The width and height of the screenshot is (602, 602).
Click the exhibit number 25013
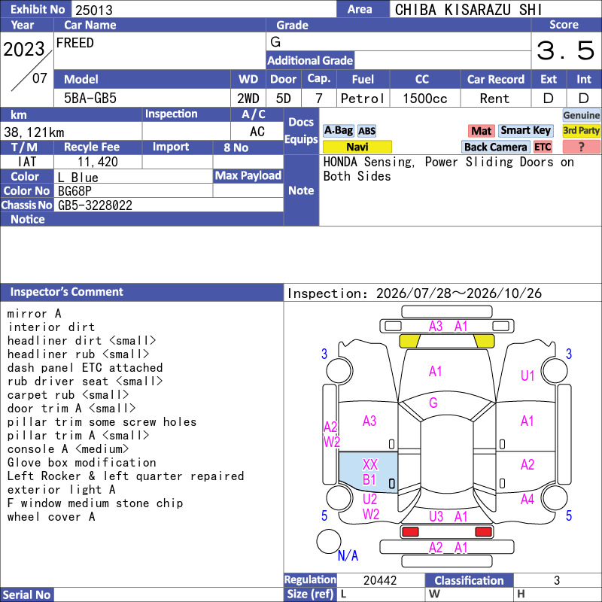pyautogui.click(x=93, y=10)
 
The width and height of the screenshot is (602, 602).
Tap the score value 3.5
pyautogui.click(x=565, y=50)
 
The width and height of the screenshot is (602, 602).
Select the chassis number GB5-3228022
pyautogui.click(x=95, y=205)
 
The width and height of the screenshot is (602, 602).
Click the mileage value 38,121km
pyautogui.click(x=34, y=132)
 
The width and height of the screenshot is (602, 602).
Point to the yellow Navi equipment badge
pyautogui.click(x=357, y=147)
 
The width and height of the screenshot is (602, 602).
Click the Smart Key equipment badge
pyautogui.click(x=525, y=130)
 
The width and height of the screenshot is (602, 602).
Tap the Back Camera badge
pyautogui.click(x=495, y=147)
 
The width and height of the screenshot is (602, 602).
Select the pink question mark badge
pyautogui.click(x=581, y=147)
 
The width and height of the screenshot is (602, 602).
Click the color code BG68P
pyautogui.click(x=74, y=191)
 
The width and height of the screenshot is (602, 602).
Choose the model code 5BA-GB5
pyautogui.click(x=90, y=99)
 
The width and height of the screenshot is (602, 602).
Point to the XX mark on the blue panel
pyautogui.click(x=370, y=464)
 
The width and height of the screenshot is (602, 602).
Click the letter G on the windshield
pyautogui.click(x=433, y=403)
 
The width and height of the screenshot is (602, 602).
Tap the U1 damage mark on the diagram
pyautogui.click(x=528, y=375)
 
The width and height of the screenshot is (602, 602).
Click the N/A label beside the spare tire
pyautogui.click(x=348, y=555)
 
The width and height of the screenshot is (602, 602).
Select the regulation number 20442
pyautogui.click(x=380, y=580)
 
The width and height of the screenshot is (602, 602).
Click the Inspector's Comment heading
pyautogui.click(x=66, y=292)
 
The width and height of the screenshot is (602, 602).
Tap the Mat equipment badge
pyautogui.click(x=481, y=131)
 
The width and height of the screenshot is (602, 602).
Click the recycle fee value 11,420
pyautogui.click(x=98, y=162)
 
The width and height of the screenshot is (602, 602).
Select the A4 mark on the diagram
pyautogui.click(x=528, y=499)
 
